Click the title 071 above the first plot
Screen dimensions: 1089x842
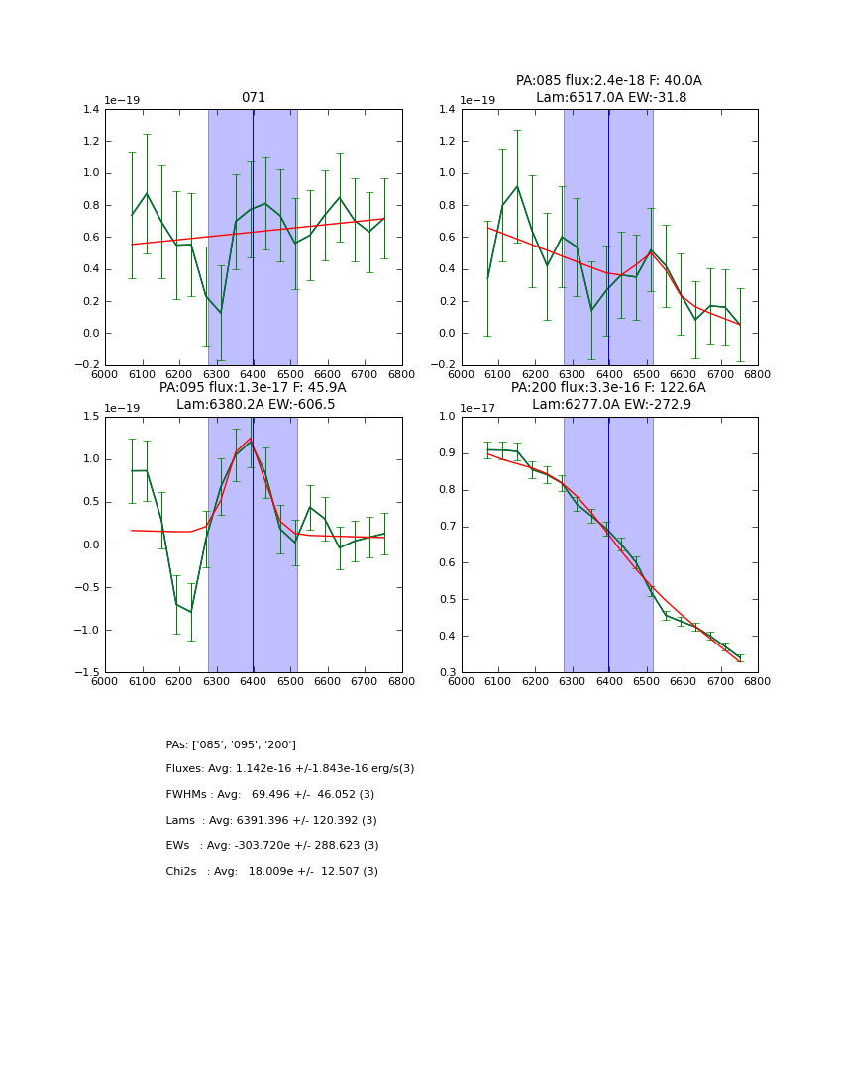point(253,98)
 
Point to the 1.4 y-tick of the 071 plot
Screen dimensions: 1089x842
point(90,110)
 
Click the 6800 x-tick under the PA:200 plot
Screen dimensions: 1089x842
point(757,681)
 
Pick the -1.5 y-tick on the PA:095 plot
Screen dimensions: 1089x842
point(87,673)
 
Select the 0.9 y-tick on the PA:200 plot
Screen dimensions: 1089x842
point(446,453)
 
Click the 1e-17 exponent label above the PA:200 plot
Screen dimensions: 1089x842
point(478,408)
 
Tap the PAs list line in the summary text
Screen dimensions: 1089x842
point(231,744)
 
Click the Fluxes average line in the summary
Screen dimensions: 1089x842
point(290,769)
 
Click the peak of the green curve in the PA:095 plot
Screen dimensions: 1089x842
point(251,439)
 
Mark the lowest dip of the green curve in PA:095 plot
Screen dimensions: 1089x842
point(191,612)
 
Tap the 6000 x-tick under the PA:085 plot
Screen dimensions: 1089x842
point(462,374)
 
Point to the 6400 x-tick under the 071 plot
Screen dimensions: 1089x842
point(253,374)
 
